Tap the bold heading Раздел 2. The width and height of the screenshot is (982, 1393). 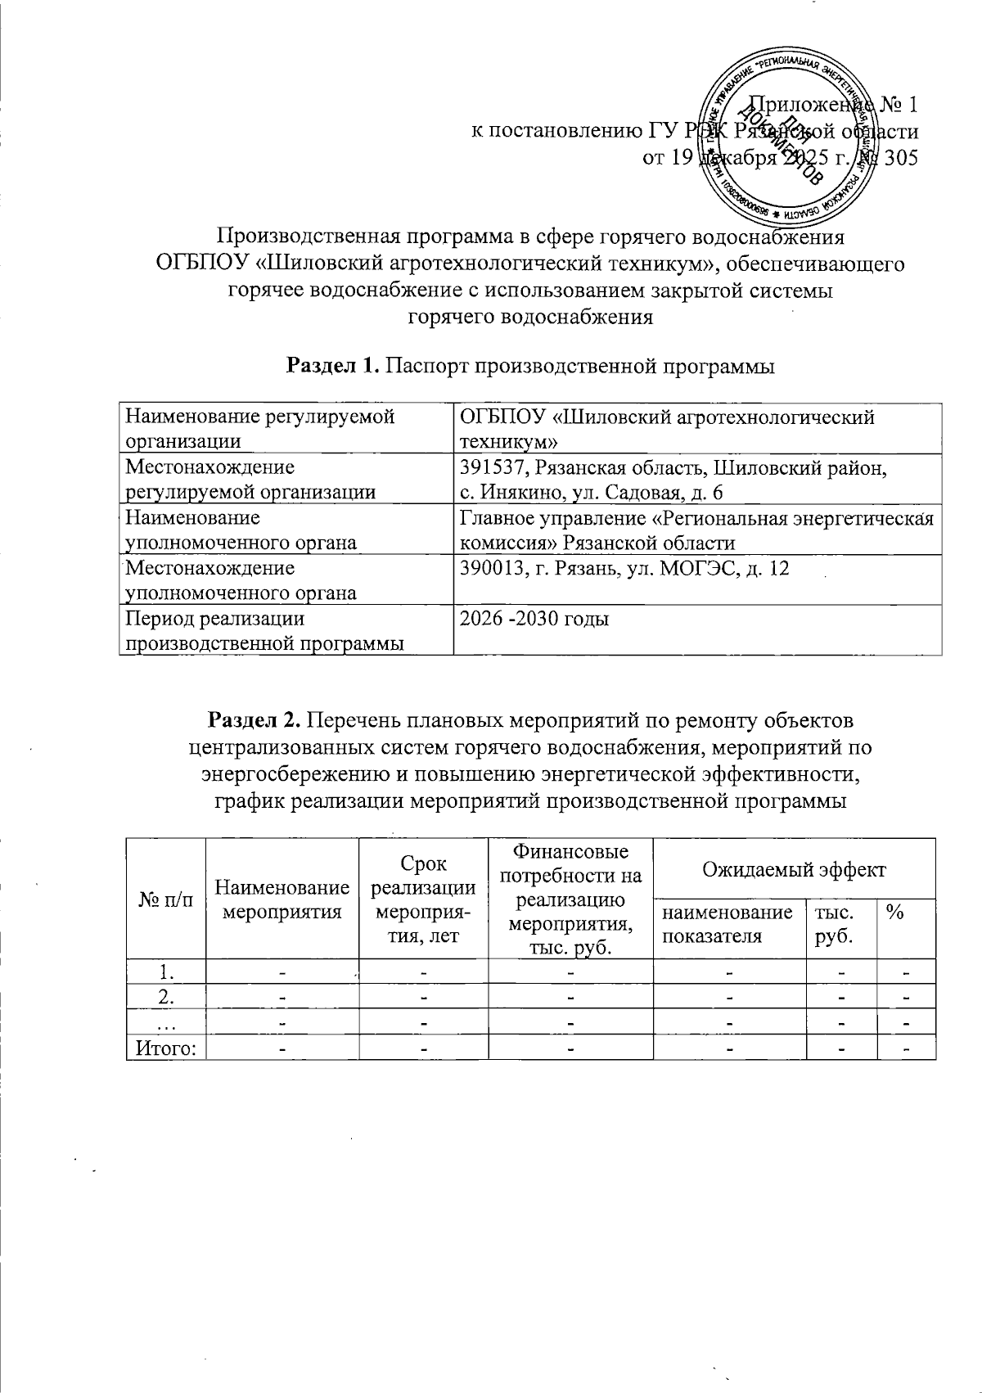tap(255, 721)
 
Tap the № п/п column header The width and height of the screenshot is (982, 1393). tap(166, 899)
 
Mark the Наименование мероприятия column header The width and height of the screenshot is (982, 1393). tap(282, 899)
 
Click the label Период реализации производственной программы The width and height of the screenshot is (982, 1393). tap(264, 631)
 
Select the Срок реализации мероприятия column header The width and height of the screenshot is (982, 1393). tap(422, 899)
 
